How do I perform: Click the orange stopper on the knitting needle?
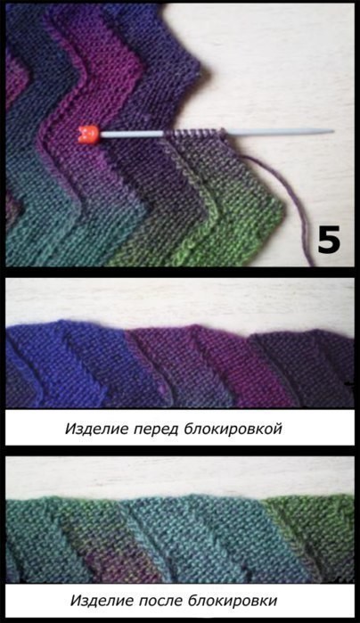pyautogui.click(x=88, y=134)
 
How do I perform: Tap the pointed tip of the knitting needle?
pyautogui.click(x=333, y=131)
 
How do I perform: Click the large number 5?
pyautogui.click(x=329, y=239)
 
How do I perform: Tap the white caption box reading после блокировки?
pyautogui.click(x=180, y=600)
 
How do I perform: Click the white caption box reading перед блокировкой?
pyautogui.click(x=180, y=428)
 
